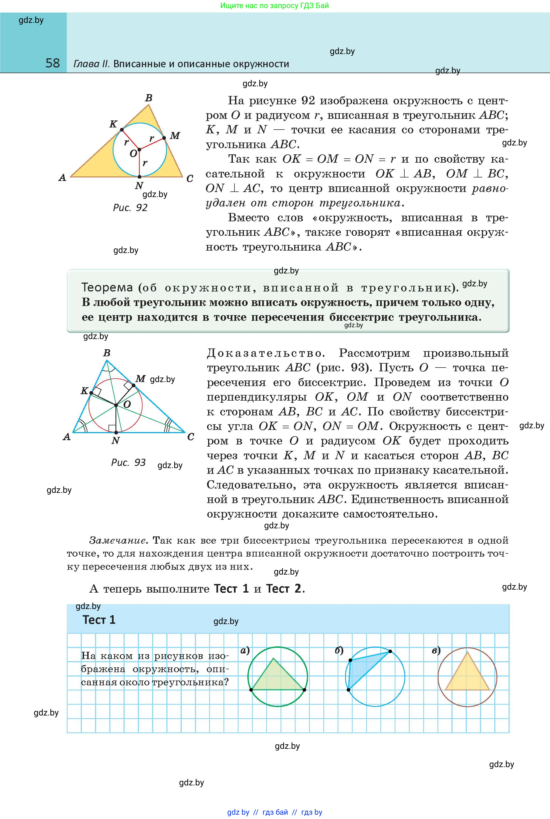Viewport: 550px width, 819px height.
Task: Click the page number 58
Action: (x=52, y=63)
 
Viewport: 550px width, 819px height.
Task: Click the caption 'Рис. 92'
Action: (x=130, y=208)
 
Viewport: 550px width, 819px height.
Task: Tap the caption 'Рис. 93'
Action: (x=128, y=462)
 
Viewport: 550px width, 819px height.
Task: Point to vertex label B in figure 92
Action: (x=149, y=98)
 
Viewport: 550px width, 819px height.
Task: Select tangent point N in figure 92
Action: (x=139, y=177)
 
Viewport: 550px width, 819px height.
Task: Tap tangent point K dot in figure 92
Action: (x=122, y=130)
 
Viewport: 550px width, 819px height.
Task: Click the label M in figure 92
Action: (x=175, y=136)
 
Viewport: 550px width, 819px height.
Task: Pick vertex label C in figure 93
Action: (x=191, y=437)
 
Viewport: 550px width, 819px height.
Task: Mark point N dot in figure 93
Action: (x=116, y=433)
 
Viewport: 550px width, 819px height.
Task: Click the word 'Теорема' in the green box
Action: (x=107, y=288)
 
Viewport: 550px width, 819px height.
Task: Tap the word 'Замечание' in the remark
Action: (x=117, y=540)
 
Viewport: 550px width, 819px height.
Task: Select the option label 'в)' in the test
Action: (x=436, y=650)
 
